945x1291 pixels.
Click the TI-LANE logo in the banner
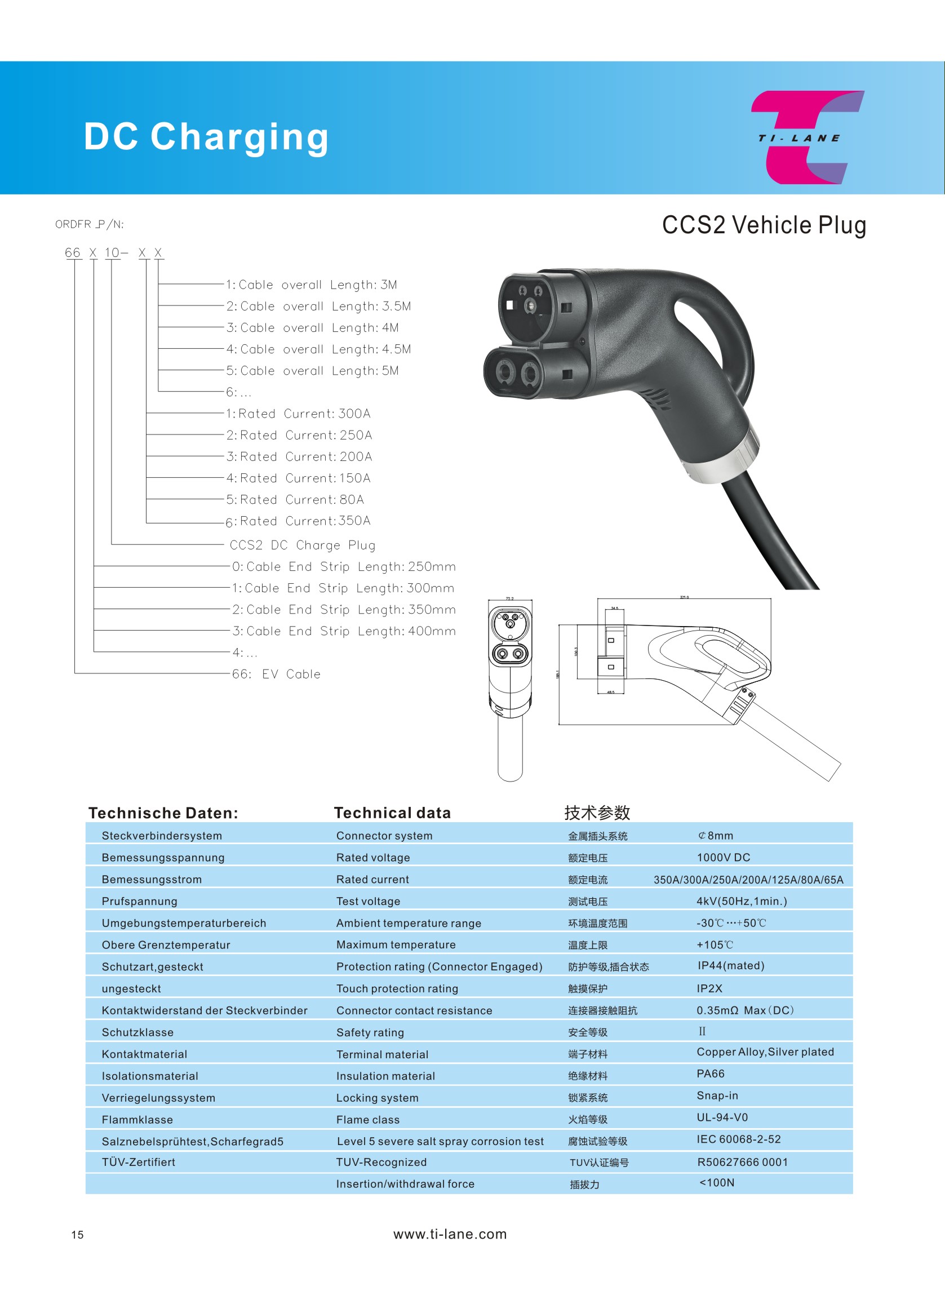(806, 137)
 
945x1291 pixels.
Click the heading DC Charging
(206, 137)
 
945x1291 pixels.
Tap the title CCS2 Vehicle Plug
(764, 225)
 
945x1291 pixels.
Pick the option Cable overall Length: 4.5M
(318, 349)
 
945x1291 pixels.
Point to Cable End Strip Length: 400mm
(343, 631)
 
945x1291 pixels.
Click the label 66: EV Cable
(276, 674)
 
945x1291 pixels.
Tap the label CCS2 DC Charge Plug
(302, 545)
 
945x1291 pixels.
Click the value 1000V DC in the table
(723, 857)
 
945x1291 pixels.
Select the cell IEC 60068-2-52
(738, 1139)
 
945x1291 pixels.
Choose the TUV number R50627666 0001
(742, 1162)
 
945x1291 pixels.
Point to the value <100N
(717, 1182)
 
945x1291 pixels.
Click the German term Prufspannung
(140, 901)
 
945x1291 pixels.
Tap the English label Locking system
(377, 1098)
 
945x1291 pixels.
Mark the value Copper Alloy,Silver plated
(765, 1052)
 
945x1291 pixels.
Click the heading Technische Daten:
(163, 813)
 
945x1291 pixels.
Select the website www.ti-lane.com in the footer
(450, 1234)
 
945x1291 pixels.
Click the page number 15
(77, 1235)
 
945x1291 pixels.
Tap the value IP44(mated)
(730, 965)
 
